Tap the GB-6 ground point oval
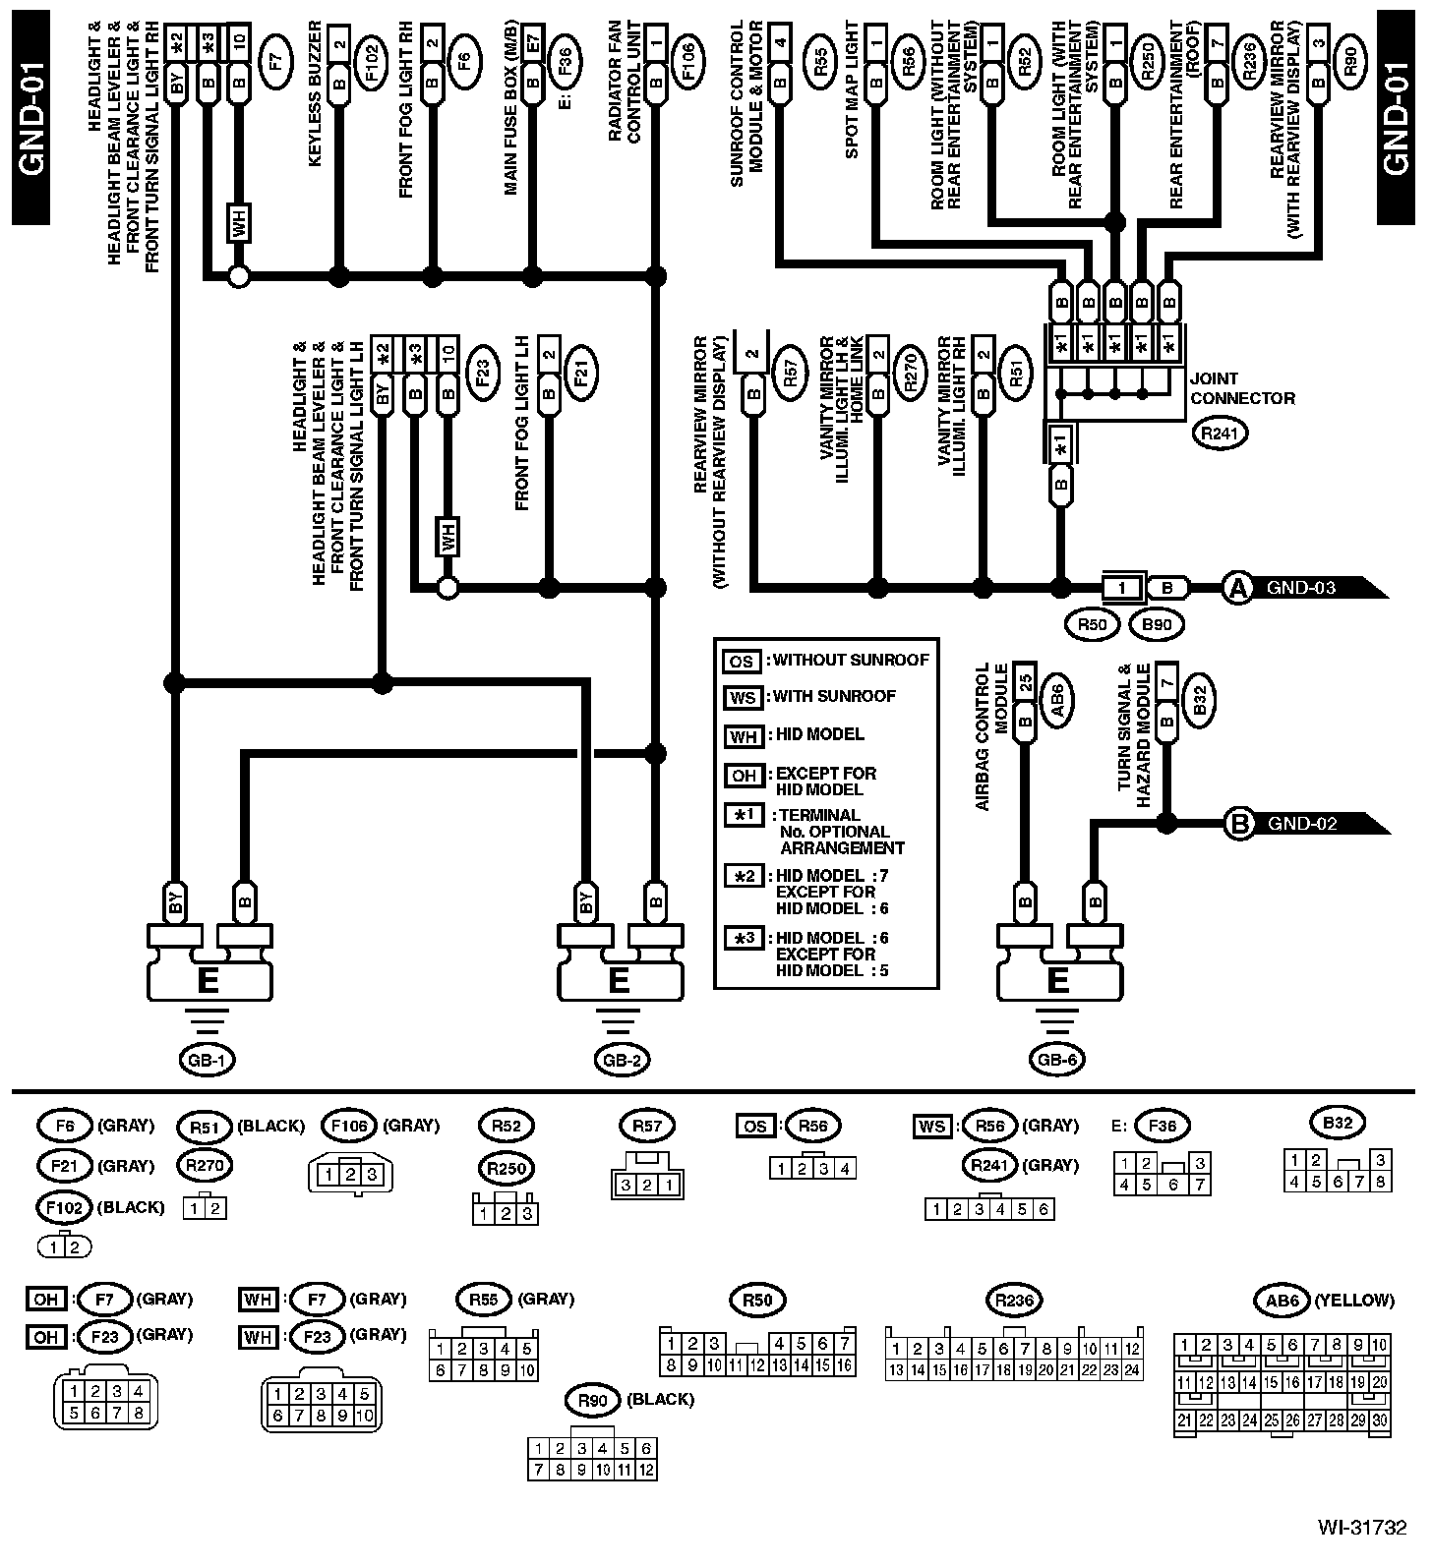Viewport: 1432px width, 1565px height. tap(1058, 1059)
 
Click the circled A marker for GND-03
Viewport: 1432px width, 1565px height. tap(1237, 588)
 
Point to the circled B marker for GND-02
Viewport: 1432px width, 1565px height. tap(1238, 823)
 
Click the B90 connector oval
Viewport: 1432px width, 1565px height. tap(1158, 623)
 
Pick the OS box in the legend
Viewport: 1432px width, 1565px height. tap(741, 661)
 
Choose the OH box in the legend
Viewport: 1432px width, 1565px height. tap(744, 775)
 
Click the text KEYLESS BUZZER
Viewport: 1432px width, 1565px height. tap(316, 109)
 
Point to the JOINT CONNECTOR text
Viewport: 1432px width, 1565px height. tap(1242, 388)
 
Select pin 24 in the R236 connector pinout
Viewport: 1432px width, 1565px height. tap(1132, 1369)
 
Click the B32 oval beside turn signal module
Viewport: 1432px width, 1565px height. tap(1199, 699)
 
